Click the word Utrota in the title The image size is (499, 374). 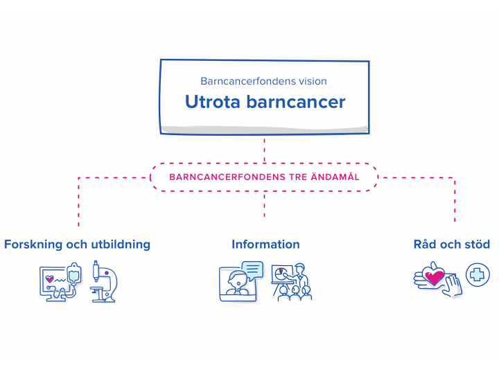click(x=210, y=102)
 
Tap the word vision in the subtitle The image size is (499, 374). click(x=312, y=81)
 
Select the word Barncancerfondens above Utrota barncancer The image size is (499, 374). click(x=243, y=81)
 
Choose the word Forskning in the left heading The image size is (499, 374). click(x=35, y=244)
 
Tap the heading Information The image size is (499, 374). click(x=265, y=244)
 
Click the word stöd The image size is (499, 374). click(x=477, y=244)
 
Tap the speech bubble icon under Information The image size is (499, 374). click(x=253, y=268)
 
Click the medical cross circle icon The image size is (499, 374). click(x=477, y=275)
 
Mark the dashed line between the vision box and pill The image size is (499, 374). click(x=264, y=150)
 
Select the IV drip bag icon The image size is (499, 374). click(x=73, y=276)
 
